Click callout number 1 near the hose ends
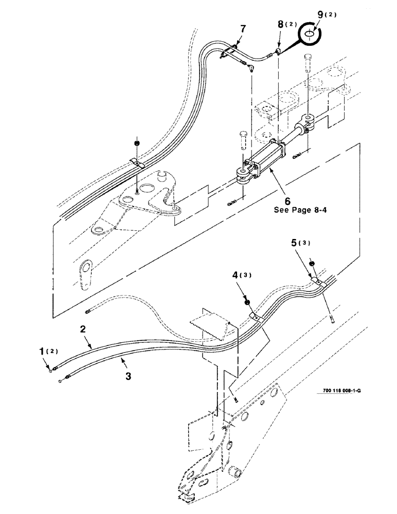pyautogui.click(x=43, y=352)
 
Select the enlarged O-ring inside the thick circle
pyautogui.click(x=309, y=35)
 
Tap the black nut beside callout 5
pyautogui.click(x=312, y=265)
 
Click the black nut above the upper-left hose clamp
pyautogui.click(x=137, y=142)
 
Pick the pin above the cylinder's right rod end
pyautogui.click(x=309, y=60)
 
